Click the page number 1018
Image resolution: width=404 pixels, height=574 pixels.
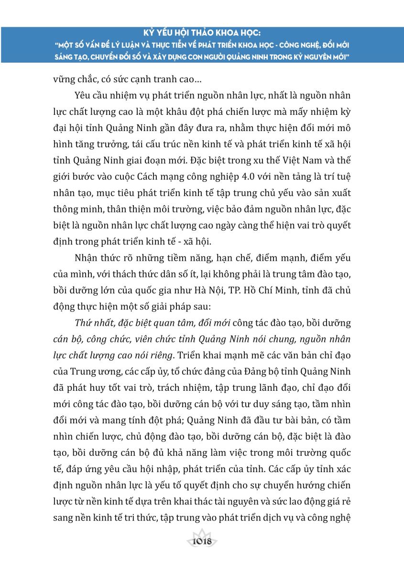(x=201, y=542)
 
